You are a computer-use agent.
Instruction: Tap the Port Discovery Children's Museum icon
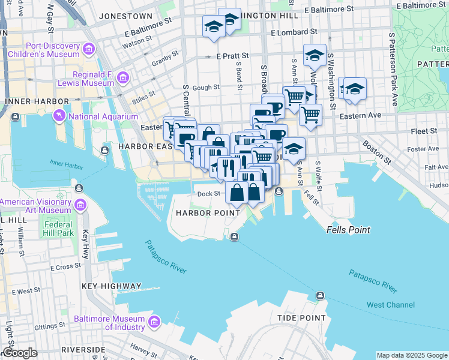(x=89, y=48)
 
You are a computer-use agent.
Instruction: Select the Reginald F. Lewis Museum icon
(x=123, y=77)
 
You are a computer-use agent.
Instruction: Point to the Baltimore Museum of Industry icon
(x=154, y=323)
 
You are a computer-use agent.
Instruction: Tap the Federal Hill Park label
(x=58, y=229)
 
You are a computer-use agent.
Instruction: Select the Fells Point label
(x=348, y=230)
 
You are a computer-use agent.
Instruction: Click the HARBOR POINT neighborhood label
(x=202, y=214)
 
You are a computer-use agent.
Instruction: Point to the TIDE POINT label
(x=301, y=318)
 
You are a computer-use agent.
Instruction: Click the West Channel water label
(x=390, y=305)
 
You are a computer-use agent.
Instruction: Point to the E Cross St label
(x=66, y=266)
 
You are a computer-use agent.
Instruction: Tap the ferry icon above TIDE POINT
(x=320, y=296)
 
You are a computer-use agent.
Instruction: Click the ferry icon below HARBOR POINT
(x=235, y=236)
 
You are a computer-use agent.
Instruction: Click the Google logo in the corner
(x=19, y=353)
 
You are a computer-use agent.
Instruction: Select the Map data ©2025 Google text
(x=411, y=355)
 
